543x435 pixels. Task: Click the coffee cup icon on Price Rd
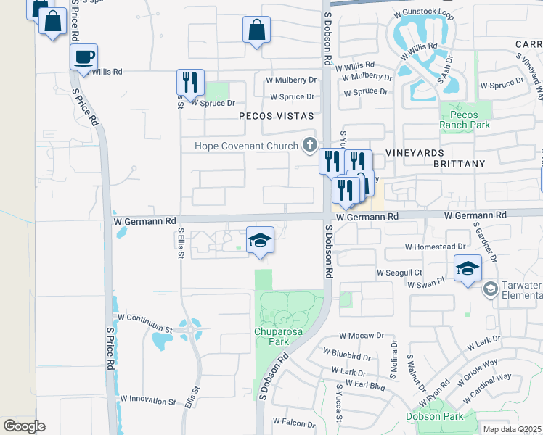pos(84,57)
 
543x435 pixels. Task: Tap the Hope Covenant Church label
pos(247,146)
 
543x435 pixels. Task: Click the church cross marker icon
pos(310,145)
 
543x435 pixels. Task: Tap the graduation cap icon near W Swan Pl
pos(468,268)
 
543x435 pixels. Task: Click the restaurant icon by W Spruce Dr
pos(190,81)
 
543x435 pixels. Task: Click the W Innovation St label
pos(147,399)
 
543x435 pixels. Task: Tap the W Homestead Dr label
pos(434,247)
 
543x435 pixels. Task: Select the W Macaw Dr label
pos(361,336)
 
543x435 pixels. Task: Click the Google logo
pos(24,426)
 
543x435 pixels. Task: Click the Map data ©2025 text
pos(512,429)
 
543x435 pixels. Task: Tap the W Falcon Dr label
pos(293,420)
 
